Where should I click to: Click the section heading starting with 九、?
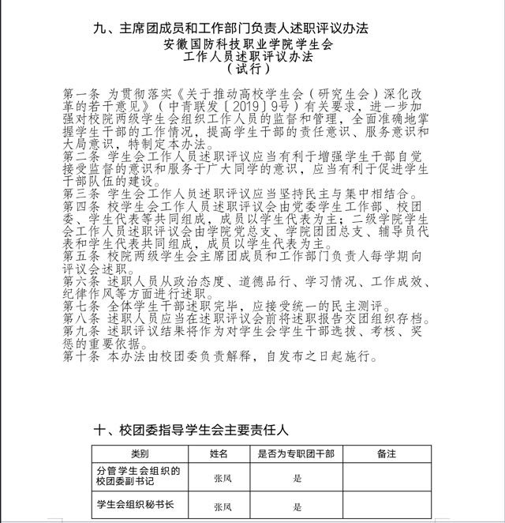[x=231, y=28]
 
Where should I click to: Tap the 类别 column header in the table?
[x=140, y=453]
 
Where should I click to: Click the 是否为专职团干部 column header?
[x=296, y=453]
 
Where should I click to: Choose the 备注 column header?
[x=387, y=453]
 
